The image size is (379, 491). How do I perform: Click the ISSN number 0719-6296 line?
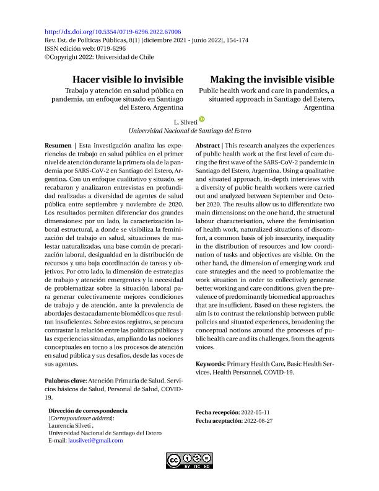click(x=85, y=48)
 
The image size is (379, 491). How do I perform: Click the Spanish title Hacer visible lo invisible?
click(x=128, y=80)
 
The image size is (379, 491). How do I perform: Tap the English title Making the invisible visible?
click(x=272, y=80)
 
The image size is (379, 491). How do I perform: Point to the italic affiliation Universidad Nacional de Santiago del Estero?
click(x=189, y=131)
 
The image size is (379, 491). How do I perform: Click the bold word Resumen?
click(x=58, y=145)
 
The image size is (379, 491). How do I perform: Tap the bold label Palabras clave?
click(x=66, y=380)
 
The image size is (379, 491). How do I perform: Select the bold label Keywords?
click(x=210, y=363)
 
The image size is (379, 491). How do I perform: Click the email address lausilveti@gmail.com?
click(x=95, y=441)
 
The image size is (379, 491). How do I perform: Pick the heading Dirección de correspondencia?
click(x=87, y=411)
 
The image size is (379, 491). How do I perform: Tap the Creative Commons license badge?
click(x=189, y=461)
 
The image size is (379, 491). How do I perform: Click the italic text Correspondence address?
click(x=81, y=418)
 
